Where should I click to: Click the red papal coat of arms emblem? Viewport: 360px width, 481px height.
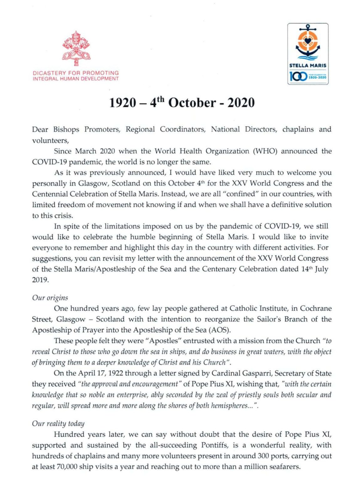pyautogui.click(x=76, y=49)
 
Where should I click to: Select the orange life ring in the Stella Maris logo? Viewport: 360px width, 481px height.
pyautogui.click(x=308, y=40)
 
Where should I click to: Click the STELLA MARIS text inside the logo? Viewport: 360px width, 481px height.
pyautogui.click(x=308, y=66)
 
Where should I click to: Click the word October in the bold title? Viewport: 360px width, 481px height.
pyautogui.click(x=192, y=103)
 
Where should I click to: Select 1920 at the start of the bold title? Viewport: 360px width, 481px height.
pyautogui.click(x=123, y=103)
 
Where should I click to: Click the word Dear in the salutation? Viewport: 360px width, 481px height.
pyautogui.click(x=40, y=129)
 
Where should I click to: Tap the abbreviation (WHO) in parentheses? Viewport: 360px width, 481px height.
pyautogui.click(x=265, y=151)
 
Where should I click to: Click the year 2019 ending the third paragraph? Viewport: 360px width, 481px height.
pyautogui.click(x=40, y=280)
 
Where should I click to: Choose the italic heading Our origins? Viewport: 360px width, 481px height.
pyautogui.click(x=50, y=298)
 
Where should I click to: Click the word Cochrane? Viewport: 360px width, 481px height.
pyautogui.click(x=316, y=308)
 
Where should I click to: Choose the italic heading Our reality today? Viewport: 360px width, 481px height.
pyautogui.click(x=58, y=424)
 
